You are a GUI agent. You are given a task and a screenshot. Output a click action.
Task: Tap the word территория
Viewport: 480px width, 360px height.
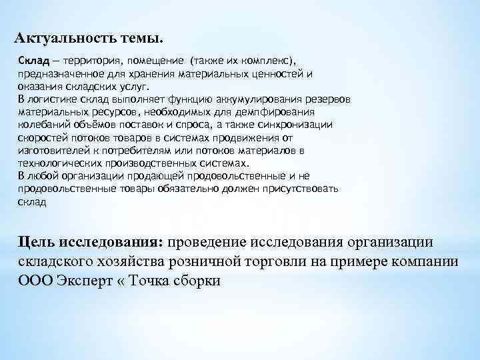click(x=91, y=61)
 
